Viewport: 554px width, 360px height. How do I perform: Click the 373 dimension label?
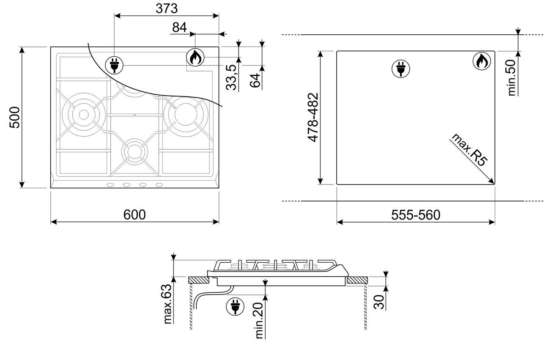pos(167,8)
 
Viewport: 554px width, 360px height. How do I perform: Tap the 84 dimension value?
pos(179,27)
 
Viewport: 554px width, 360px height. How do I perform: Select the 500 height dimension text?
pos(15,117)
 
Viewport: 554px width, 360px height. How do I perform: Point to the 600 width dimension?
pos(134,214)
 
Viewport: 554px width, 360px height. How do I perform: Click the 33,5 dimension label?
pos(231,77)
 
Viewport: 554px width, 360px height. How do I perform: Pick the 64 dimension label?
pos(255,80)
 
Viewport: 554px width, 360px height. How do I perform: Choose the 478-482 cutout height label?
pos(313,117)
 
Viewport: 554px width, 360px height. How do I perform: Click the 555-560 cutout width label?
pos(416,215)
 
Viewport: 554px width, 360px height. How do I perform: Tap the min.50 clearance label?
pos(512,77)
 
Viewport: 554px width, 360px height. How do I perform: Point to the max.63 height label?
pos(167,304)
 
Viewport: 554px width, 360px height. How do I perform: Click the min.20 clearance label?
pos(259,321)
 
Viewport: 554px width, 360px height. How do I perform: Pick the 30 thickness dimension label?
pos(379,302)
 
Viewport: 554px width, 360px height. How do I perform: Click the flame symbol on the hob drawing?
pos(195,57)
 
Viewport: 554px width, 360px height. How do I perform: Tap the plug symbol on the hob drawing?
pos(114,65)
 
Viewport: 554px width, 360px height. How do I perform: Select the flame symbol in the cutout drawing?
pos(482,61)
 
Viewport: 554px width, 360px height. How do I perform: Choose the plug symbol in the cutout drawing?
pos(400,69)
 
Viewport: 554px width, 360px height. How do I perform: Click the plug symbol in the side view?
pos(235,306)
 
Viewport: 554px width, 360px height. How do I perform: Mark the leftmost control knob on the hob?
pos(110,185)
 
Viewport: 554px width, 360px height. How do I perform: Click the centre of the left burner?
pos(84,115)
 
